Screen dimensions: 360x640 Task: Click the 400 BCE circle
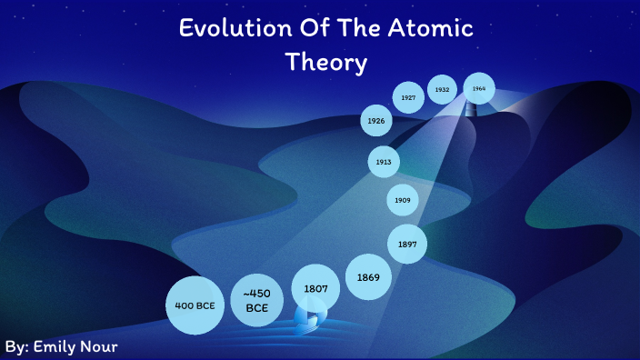[195, 305]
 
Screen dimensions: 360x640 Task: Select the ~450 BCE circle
[255, 300]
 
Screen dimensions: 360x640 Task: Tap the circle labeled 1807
[315, 289]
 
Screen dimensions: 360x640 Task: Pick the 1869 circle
[368, 275]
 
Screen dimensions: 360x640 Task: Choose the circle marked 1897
[407, 244]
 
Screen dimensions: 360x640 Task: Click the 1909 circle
[402, 199]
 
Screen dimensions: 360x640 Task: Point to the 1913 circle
[384, 162]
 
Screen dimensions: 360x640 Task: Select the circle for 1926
[376, 120]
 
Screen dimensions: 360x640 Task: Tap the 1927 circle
[408, 97]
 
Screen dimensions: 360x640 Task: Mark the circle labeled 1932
[443, 90]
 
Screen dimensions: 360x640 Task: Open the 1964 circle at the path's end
[479, 88]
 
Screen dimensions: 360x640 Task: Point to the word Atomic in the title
[432, 28]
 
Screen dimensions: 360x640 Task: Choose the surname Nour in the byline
[101, 347]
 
